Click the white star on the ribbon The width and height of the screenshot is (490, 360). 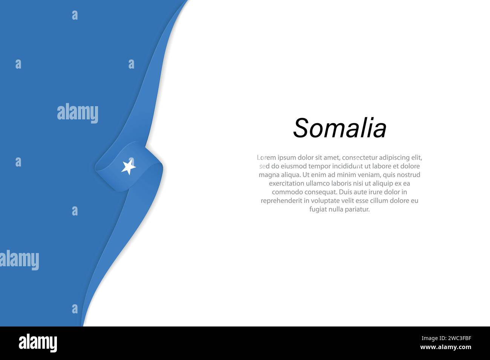pos(129,167)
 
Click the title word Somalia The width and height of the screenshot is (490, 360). pos(340,128)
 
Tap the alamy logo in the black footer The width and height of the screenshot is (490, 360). pos(38,343)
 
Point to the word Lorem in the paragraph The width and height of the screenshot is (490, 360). pos(266,157)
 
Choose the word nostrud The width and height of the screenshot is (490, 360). pos(408,175)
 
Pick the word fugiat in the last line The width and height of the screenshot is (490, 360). pos(318,209)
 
